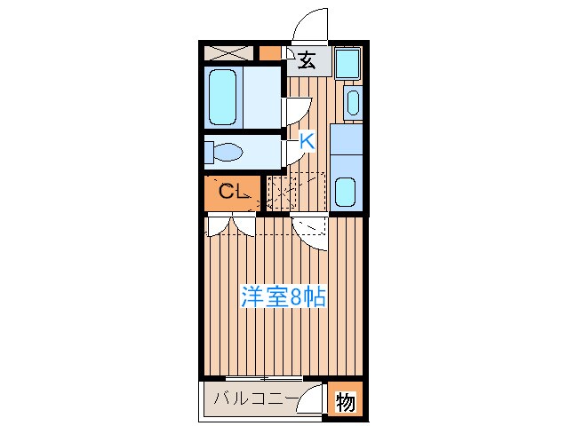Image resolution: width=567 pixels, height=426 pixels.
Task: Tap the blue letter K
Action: coord(306,140)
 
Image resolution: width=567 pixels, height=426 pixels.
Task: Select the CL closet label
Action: coord(233,190)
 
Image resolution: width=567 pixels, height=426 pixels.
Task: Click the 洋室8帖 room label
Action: coord(283,297)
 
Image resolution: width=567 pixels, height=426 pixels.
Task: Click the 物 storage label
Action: coord(345,402)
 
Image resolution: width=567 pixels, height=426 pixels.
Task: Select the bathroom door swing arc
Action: coord(295,109)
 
